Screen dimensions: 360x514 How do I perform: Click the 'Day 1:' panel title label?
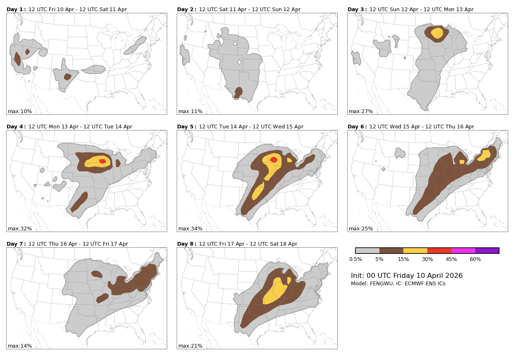coord(16,9)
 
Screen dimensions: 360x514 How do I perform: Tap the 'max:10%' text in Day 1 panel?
coord(20,111)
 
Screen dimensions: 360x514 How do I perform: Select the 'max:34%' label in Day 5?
coord(190,229)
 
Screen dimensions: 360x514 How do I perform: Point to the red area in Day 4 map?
coord(102,161)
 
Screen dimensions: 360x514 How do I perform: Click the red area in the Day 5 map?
coord(274,159)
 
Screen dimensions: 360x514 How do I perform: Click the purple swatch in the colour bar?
coord(487,251)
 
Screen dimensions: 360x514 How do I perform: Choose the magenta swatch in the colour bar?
coord(463,251)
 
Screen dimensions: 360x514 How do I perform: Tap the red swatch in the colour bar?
coord(439,251)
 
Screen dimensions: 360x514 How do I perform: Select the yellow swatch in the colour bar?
coord(415,251)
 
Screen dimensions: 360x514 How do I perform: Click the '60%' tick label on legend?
coord(475,259)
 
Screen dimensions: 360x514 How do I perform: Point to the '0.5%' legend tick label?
coord(355,259)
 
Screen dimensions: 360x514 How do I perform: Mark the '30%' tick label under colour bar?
coord(427,259)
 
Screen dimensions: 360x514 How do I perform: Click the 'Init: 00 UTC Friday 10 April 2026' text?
coord(407,276)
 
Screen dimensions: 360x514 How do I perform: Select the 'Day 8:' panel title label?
coord(187,244)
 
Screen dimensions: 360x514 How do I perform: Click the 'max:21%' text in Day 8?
coord(190,346)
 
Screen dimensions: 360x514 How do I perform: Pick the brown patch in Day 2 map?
coord(239,92)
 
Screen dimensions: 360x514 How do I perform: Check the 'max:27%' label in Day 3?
coord(361,111)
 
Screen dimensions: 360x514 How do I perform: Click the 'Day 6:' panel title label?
coord(357,127)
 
